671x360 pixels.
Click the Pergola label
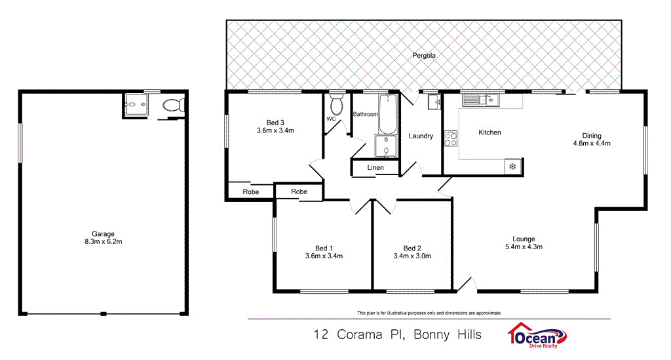tap(424, 56)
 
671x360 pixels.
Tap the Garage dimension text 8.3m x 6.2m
tap(103, 242)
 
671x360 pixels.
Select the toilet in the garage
tap(173, 105)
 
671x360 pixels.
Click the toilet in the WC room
tap(337, 104)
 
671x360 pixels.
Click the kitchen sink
tap(480, 100)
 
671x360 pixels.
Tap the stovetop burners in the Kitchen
tap(451, 139)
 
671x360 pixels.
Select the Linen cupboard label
tap(375, 168)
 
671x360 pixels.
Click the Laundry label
tap(421, 136)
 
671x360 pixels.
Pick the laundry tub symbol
tap(434, 102)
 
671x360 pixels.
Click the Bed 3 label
tap(275, 122)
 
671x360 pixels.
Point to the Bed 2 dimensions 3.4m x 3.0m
tap(412, 256)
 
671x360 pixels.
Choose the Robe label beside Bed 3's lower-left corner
tap(250, 192)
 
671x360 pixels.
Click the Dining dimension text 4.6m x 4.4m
tap(592, 144)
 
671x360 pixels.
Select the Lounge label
tap(524, 239)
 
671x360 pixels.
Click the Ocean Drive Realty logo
tap(537, 335)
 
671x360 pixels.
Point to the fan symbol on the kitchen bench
tap(512, 167)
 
